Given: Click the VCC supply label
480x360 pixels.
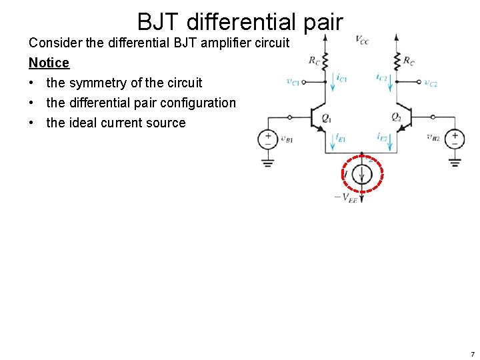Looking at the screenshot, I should [x=362, y=40].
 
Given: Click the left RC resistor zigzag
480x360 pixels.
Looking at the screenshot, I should [x=325, y=60].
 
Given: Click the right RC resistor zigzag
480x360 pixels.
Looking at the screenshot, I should [x=396, y=60].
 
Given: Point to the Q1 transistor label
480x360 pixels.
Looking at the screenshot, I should [x=327, y=118].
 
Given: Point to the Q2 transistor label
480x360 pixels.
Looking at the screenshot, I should [x=396, y=118].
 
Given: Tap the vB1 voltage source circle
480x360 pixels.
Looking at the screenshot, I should [x=268, y=139].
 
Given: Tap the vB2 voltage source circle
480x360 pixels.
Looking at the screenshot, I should [x=455, y=139].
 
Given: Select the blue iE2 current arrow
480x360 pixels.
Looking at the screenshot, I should [x=396, y=141].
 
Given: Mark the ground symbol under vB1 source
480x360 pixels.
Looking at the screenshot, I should [x=268, y=162].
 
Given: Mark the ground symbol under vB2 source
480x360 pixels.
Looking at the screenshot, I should [x=455, y=162].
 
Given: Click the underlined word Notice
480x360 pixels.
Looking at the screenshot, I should [x=49, y=63].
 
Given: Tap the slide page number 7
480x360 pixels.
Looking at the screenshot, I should [x=472, y=354].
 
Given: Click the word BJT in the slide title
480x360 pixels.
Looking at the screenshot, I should [x=159, y=22].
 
